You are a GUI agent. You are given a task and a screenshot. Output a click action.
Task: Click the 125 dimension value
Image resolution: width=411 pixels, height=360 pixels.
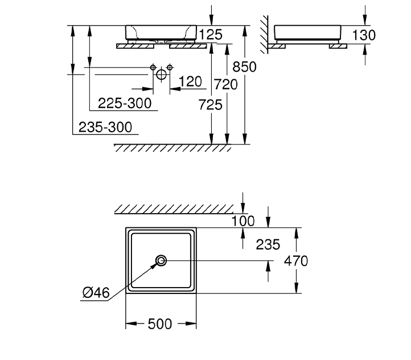211,35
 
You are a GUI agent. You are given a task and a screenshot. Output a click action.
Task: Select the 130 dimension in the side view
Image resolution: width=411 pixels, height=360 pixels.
364,35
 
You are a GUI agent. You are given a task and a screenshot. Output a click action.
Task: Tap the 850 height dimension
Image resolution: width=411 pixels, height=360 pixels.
245,67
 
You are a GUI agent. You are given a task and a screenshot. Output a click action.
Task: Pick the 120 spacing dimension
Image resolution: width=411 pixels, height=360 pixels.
190,82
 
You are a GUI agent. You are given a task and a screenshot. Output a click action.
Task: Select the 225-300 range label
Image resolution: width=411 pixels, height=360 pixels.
124,103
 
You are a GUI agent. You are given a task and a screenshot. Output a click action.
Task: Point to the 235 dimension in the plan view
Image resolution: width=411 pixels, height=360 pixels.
268,244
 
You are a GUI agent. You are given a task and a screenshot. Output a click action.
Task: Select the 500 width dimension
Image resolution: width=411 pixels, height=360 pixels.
160,324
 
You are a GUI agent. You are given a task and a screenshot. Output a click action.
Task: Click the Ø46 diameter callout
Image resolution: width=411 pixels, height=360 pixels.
96,293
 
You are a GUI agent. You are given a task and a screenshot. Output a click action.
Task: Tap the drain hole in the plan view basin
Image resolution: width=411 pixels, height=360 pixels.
162,261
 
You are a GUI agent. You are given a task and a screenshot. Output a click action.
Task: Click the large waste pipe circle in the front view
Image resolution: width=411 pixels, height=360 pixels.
161,73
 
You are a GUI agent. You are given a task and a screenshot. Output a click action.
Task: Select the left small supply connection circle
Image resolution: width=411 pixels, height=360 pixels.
153,68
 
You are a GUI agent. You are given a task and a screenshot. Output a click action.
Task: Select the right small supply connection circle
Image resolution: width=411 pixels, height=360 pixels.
169,68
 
